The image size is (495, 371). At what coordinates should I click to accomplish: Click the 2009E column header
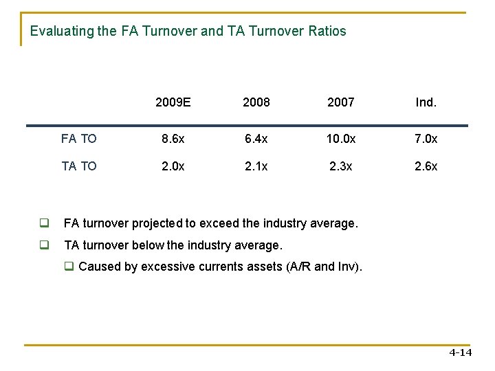pyautogui.click(x=173, y=102)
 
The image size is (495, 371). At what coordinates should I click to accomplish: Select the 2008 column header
pyautogui.click(x=256, y=102)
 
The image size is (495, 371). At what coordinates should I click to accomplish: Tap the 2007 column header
pyautogui.click(x=341, y=102)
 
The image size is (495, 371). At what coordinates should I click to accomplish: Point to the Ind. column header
pyautogui.click(x=426, y=102)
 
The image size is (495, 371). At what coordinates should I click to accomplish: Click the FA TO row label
pyautogui.click(x=78, y=139)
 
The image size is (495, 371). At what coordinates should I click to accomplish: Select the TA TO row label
pyautogui.click(x=78, y=166)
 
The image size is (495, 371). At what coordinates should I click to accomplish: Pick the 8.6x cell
pyautogui.click(x=173, y=139)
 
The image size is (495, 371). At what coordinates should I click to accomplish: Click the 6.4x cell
pyautogui.click(x=256, y=139)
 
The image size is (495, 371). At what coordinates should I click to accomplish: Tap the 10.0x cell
pyautogui.click(x=341, y=139)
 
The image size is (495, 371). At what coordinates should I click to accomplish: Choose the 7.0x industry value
pyautogui.click(x=426, y=139)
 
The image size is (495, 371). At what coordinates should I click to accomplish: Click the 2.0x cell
pyautogui.click(x=173, y=166)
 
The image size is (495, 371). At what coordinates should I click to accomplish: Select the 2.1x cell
pyautogui.click(x=256, y=166)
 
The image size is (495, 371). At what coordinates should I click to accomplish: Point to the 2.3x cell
pyautogui.click(x=341, y=166)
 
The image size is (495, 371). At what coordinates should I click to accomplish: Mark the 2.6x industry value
pyautogui.click(x=426, y=166)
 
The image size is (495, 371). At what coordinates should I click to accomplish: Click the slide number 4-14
pyautogui.click(x=460, y=353)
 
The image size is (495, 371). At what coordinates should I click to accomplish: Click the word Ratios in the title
pyautogui.click(x=327, y=32)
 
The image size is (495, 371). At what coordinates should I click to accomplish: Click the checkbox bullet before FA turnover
pyautogui.click(x=43, y=223)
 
